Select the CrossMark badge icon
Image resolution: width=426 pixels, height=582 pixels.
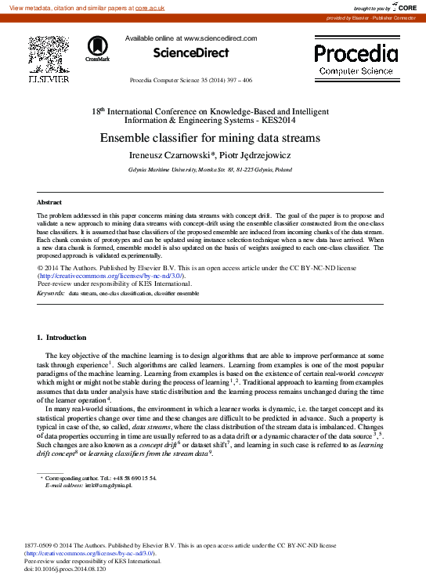tap(98, 49)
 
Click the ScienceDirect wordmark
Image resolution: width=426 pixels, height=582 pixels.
tap(191, 53)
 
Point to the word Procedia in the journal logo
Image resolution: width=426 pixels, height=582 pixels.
tap(356, 53)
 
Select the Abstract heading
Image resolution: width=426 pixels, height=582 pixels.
tap(50, 202)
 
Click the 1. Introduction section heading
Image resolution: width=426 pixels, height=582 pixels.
tap(62, 338)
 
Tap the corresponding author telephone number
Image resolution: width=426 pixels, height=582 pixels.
tap(135, 478)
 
